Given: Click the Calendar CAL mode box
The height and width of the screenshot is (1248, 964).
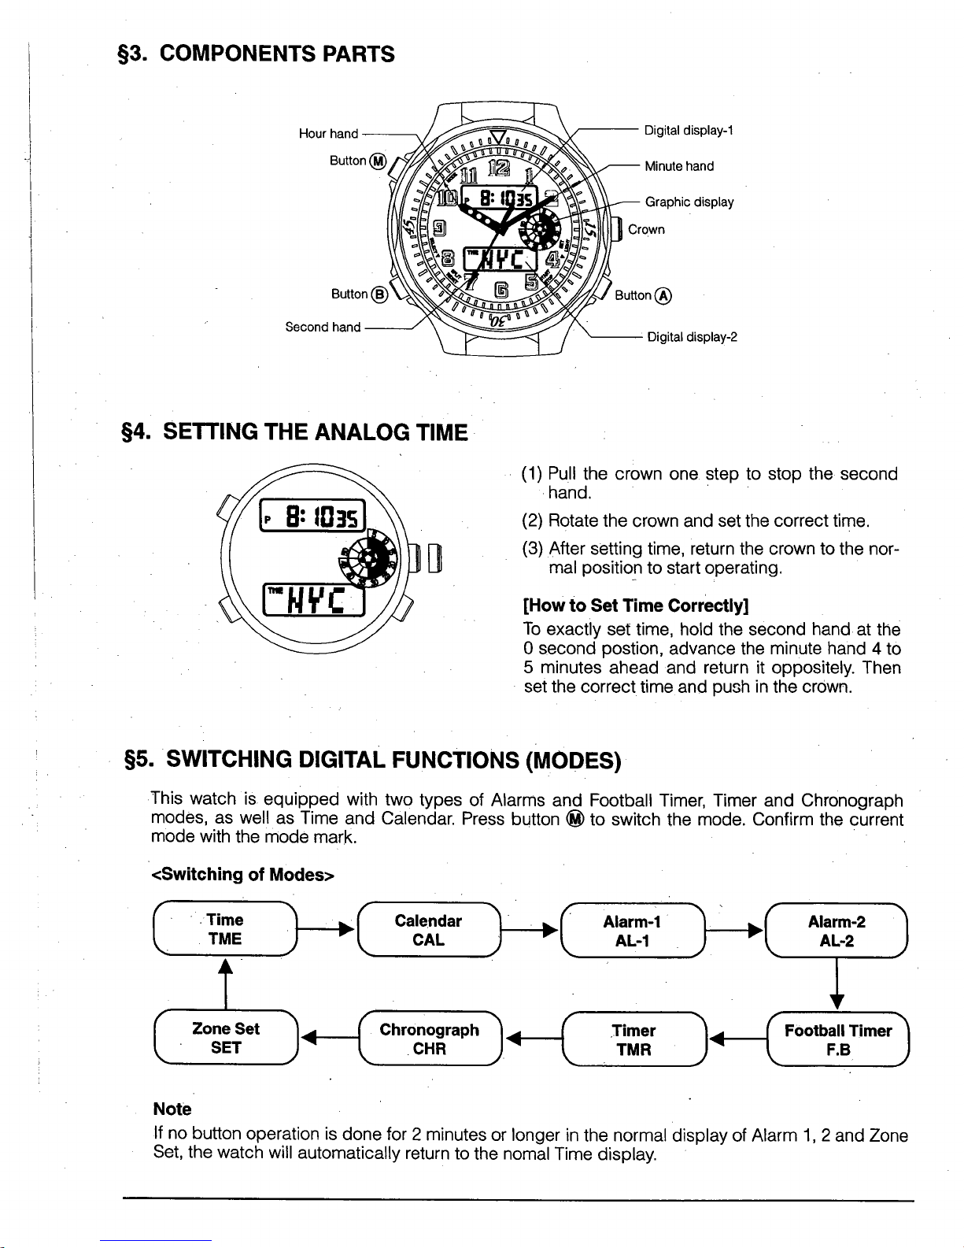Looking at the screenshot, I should coord(428,930).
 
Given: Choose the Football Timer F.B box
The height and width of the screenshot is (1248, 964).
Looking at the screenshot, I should coord(837,1039).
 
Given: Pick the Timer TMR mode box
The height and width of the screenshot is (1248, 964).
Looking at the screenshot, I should coord(633,1039).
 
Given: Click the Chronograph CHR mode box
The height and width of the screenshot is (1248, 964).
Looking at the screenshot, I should coord(429,1039).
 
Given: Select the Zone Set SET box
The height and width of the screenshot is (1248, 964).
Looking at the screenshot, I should coord(225,1038).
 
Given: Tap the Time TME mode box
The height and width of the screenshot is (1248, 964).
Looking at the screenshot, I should coord(225,929).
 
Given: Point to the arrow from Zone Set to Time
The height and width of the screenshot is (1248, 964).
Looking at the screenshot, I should coord(226,983).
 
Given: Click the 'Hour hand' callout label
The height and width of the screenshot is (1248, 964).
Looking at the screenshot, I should coord(328,134).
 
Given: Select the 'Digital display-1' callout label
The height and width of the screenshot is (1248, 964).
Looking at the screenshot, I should coord(689,130).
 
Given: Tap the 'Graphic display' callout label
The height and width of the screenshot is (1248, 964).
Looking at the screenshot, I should coord(689,202).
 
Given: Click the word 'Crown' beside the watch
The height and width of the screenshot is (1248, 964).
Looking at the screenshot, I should coord(646,230).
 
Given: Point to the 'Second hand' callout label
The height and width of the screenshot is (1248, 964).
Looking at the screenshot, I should coord(323,327).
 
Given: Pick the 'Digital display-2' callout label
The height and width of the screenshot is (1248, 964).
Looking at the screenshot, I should coord(692,338).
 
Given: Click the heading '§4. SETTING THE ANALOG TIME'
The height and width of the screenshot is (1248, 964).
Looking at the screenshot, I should coord(291,432).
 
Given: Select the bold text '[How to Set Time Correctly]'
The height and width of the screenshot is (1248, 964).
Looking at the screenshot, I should coord(635,605).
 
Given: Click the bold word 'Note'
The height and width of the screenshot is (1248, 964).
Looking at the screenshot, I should coord(172,1109).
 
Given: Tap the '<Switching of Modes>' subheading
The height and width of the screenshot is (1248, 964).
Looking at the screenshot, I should coord(244,874).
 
